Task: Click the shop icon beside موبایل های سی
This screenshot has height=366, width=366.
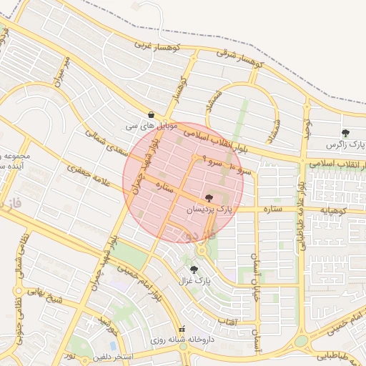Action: (x=152, y=114)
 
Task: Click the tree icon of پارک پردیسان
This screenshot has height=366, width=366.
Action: (x=209, y=198)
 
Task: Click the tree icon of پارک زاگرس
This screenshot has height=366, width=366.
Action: (x=346, y=133)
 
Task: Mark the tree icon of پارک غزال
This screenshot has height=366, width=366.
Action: (x=194, y=269)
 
